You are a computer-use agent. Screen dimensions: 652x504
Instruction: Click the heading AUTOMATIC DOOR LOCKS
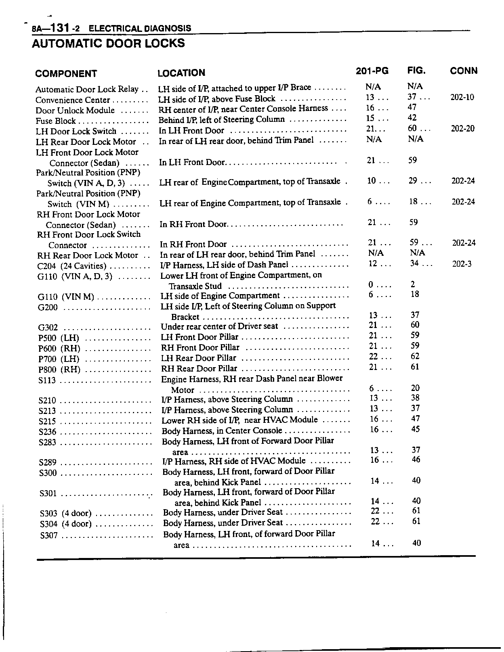point(108,43)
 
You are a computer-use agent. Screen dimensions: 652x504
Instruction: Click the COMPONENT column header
point(66,74)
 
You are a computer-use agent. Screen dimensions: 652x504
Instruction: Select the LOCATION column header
point(181,73)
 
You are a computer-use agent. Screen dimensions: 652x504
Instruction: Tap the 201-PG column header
point(372,71)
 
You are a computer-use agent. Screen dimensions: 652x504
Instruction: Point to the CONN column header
point(464,71)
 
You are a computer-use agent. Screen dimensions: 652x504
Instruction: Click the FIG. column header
point(416,71)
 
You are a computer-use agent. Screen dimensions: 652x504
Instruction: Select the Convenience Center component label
point(73,100)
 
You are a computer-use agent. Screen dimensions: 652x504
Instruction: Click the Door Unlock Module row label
point(75,111)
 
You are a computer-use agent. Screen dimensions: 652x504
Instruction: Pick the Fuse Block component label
point(56,121)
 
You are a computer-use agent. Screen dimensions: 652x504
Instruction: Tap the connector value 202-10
point(462,97)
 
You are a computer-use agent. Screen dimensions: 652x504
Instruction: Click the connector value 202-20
point(462,129)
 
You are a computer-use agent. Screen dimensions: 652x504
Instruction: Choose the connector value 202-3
point(462,264)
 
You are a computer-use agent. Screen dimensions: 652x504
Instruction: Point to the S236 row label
point(48,432)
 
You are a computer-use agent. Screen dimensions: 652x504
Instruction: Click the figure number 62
point(415,356)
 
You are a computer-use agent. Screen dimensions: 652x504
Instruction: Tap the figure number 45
point(416,429)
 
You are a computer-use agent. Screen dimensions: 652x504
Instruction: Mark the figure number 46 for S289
point(416,460)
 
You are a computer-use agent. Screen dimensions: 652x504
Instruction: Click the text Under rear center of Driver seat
point(219,326)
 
